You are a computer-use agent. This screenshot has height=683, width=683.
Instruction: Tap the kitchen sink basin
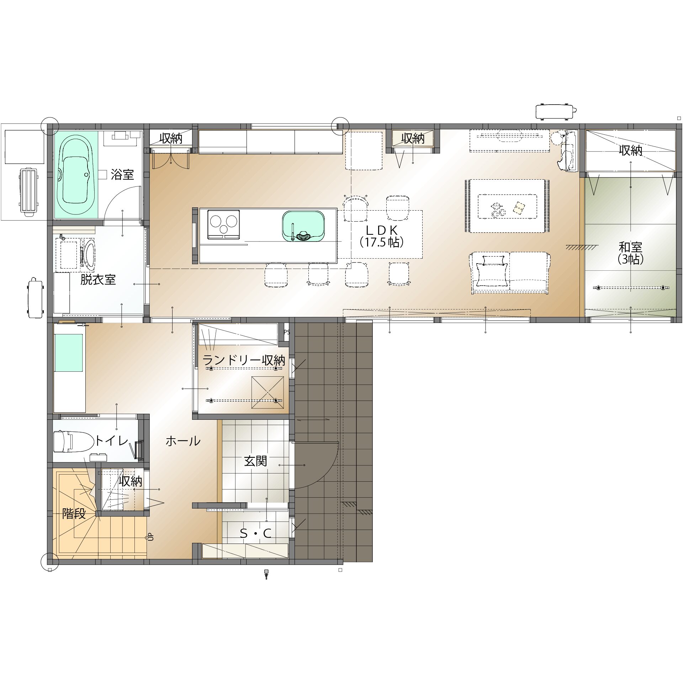coord(303,226)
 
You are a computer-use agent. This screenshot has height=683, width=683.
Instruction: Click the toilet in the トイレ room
coord(68,441)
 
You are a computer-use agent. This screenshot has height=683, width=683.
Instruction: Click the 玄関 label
coord(255,461)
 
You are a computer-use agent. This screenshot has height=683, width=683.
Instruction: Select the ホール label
coord(183,441)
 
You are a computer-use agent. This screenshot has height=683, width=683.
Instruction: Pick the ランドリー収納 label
coord(244,360)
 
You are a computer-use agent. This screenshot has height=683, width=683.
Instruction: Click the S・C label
coord(256,533)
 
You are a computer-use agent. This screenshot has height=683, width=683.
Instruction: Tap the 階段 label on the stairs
coord(74,513)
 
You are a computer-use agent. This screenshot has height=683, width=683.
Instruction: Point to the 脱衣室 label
coord(98,280)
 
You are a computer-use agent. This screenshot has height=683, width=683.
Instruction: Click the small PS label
coord(286,332)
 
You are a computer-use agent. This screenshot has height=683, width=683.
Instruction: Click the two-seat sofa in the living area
coord(510,273)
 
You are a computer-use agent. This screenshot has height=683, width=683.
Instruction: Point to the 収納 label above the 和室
coord(631,151)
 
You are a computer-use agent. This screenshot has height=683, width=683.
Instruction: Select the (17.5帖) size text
coord(382,242)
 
